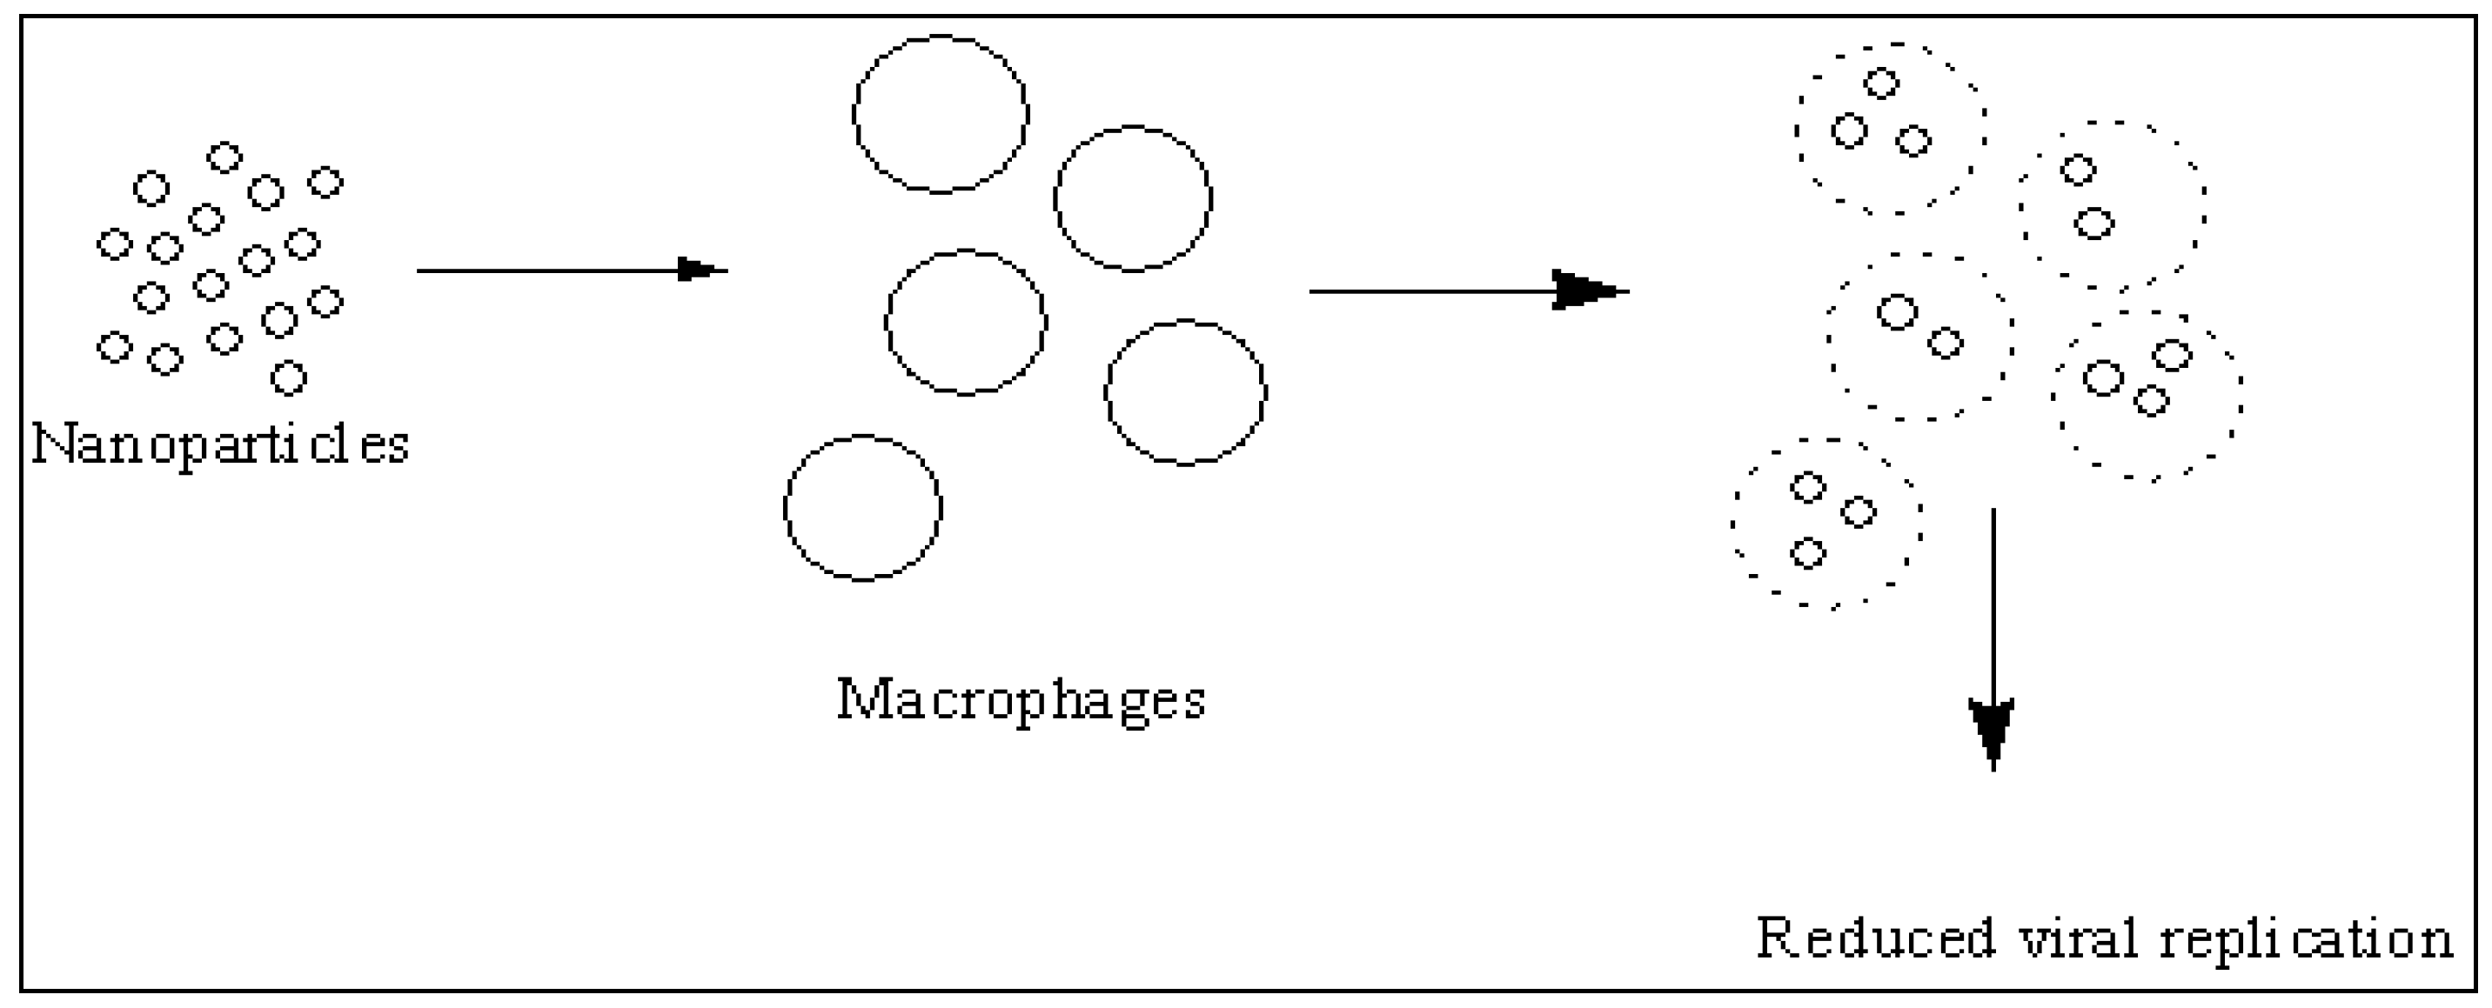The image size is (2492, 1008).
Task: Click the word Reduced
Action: pyautogui.click(x=1875, y=938)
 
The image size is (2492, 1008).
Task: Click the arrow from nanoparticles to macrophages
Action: pyautogui.click(x=571, y=270)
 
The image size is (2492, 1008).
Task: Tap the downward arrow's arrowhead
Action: pyautogui.click(x=1993, y=731)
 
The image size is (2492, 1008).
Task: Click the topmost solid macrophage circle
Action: pyautogui.click(x=941, y=114)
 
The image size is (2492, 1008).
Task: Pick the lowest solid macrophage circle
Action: pyautogui.click(x=863, y=508)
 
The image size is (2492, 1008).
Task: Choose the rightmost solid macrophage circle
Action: pyautogui.click(x=1186, y=393)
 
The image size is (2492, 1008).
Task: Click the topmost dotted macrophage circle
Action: pyautogui.click(x=1892, y=129)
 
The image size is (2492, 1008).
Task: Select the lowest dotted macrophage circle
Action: pyautogui.click(x=1826, y=524)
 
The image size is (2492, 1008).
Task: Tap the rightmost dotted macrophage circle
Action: pyautogui.click(x=2147, y=396)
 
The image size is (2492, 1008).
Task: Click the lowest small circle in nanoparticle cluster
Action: pyautogui.click(x=288, y=377)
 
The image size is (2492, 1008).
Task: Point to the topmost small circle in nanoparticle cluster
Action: pyautogui.click(x=224, y=157)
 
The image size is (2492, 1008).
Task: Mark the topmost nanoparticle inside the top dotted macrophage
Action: pyautogui.click(x=1880, y=83)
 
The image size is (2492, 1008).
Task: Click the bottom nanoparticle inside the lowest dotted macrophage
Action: pyautogui.click(x=1808, y=553)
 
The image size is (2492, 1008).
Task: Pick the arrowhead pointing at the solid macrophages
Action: pyautogui.click(x=702, y=270)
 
